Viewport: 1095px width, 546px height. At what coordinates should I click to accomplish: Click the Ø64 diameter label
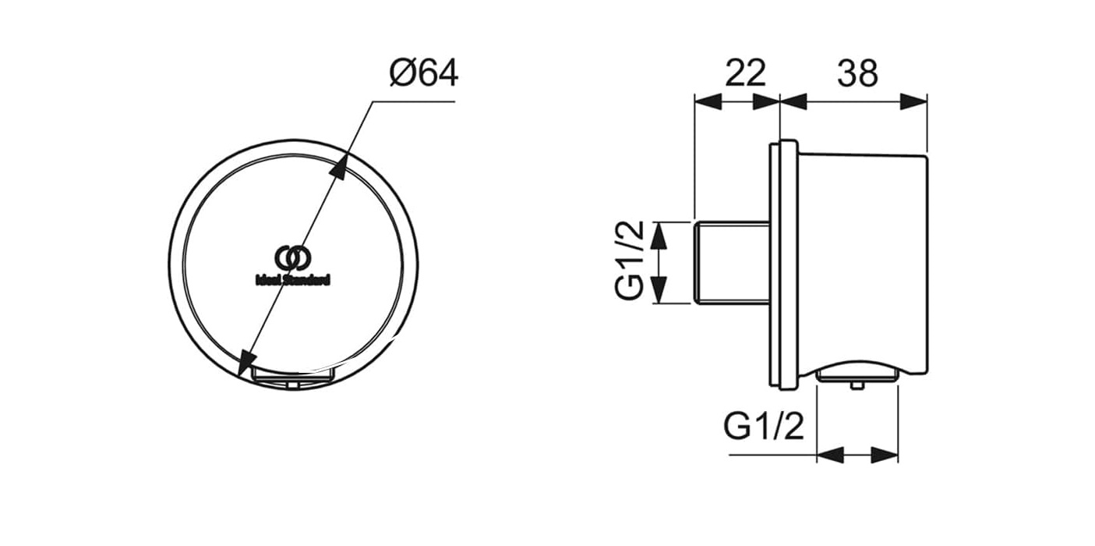click(424, 73)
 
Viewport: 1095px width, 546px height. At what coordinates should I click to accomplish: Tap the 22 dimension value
click(745, 73)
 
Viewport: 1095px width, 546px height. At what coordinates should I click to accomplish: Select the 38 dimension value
click(857, 73)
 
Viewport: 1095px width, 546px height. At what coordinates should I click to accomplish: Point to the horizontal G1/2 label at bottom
click(764, 427)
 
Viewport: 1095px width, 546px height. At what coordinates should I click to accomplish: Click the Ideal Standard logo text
click(293, 280)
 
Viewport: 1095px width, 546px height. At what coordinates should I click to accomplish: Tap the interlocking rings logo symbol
click(293, 258)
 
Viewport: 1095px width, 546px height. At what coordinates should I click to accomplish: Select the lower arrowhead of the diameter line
click(248, 362)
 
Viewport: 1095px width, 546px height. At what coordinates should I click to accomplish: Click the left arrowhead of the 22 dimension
click(708, 101)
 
